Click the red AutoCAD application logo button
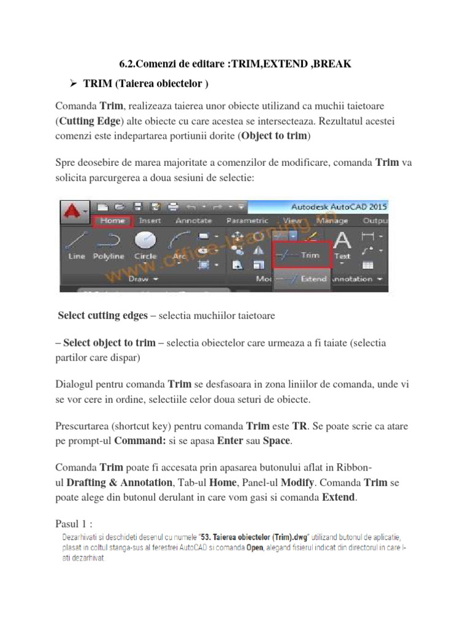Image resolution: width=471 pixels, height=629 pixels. click(74, 212)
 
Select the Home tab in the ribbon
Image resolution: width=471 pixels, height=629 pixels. click(112, 221)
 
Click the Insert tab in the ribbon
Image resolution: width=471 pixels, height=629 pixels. click(150, 221)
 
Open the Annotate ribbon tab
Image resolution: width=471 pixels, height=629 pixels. click(194, 221)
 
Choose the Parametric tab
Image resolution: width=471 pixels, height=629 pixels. click(247, 221)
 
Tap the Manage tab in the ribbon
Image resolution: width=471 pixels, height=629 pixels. click(332, 221)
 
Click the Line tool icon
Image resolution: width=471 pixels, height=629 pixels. click(76, 241)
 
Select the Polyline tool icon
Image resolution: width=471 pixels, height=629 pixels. click(109, 241)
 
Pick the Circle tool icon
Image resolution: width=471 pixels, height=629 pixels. click(145, 240)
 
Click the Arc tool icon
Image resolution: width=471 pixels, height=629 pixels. click(180, 241)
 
